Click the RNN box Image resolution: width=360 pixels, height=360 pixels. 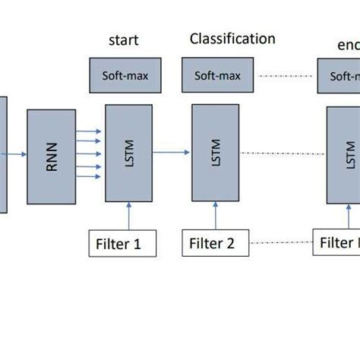coord(51,157)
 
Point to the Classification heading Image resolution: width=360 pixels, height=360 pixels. coord(232,39)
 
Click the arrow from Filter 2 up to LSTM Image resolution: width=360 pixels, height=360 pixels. coord(216,219)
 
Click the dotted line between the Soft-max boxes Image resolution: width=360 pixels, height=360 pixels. coord(284,76)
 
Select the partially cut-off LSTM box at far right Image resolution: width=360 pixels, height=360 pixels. coord(344,156)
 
